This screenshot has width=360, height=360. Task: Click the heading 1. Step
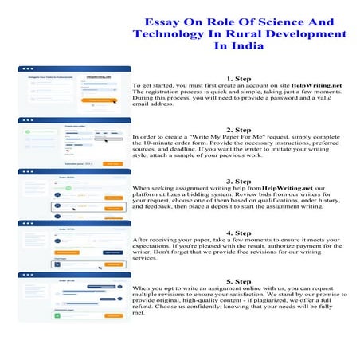(x=238, y=79)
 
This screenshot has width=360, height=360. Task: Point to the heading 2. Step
(x=238, y=130)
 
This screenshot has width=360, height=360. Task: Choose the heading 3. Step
(x=238, y=182)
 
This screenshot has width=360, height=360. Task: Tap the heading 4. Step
(x=238, y=233)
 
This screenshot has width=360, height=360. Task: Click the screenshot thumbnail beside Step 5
(x=74, y=297)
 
